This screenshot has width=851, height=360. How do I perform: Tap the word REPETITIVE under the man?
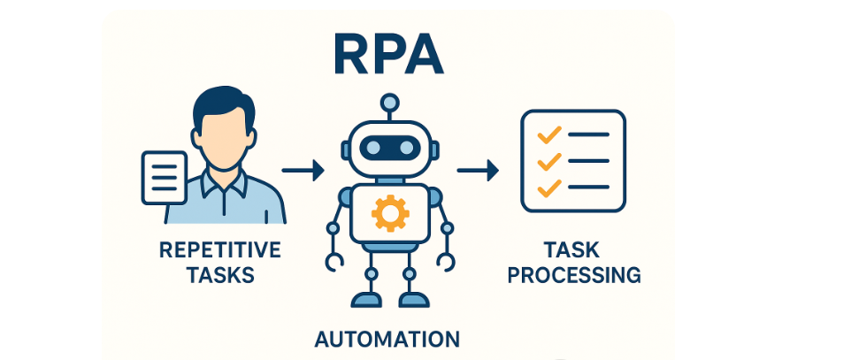click(220, 250)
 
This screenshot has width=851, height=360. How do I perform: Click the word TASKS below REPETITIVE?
click(220, 275)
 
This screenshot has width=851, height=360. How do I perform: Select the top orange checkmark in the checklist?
click(549, 135)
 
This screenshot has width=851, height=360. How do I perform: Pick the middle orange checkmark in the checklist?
click(549, 161)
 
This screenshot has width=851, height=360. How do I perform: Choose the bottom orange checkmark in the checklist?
click(549, 188)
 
